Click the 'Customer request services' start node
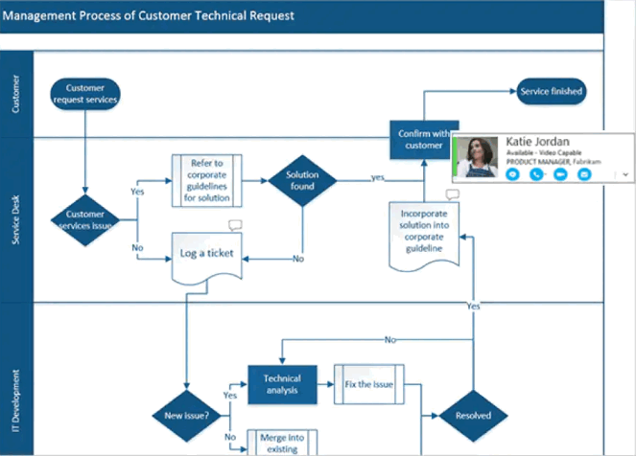(84, 93)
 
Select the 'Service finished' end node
(551, 92)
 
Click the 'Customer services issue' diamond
(84, 220)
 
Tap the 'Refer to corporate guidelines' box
(207, 179)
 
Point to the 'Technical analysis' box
(282, 384)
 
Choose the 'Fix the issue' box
(369, 384)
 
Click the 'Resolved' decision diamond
(473, 415)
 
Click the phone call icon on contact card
(537, 175)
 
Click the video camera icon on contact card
(560, 175)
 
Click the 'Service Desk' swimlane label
(16, 221)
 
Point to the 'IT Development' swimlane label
(16, 393)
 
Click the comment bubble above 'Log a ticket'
(235, 225)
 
